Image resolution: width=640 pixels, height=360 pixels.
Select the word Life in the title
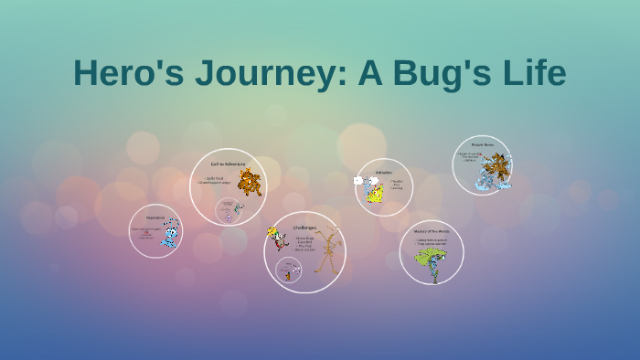(534, 74)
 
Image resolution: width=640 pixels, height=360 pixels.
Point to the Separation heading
(155, 217)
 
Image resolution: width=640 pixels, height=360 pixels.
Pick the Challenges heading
(304, 227)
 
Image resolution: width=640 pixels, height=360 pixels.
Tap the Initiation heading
(384, 171)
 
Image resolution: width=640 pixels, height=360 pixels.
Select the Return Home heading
(482, 145)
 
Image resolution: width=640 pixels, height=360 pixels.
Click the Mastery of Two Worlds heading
(432, 231)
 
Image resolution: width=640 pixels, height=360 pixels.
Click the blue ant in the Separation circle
(170, 236)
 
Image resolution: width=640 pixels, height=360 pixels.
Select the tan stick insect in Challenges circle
(326, 251)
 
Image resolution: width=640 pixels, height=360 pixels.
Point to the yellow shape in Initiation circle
(375, 193)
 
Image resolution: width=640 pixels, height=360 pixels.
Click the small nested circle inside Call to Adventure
(228, 211)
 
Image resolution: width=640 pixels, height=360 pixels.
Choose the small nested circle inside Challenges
(289, 270)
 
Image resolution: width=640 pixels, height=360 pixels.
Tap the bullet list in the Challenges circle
(304, 244)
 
